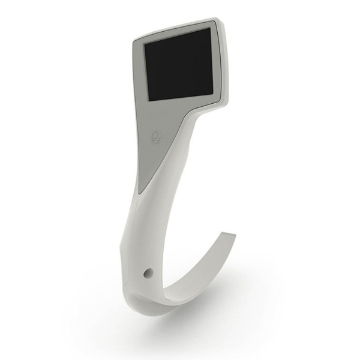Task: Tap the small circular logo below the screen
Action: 154,137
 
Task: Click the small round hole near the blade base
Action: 147,274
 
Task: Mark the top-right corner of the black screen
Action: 210,28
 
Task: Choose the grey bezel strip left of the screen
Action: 140,75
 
